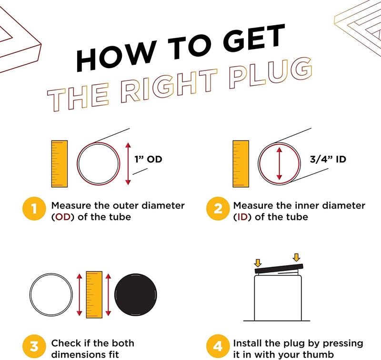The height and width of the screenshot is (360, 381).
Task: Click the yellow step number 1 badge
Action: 34,209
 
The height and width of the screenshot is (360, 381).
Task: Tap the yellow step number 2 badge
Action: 218,209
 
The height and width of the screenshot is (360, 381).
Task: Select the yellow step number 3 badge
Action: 34,346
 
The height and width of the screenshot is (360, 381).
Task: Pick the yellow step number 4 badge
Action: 218,346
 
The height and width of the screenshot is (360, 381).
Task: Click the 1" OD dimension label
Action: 148,160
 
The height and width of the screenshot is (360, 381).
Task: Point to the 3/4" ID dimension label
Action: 328,160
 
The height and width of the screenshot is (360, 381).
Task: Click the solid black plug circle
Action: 136,295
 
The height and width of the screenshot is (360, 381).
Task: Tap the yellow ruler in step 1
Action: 60,164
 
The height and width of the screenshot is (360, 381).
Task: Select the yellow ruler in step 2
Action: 241,164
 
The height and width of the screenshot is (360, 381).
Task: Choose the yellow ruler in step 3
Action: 94,295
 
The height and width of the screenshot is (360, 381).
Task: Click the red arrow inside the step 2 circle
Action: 279,164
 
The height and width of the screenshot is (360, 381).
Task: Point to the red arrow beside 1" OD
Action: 128,164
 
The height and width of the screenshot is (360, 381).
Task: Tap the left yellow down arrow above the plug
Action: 258,263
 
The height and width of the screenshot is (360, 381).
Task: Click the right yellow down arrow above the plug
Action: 296,258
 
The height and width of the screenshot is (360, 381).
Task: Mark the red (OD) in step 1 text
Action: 63,217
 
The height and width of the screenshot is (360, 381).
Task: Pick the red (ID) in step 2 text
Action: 242,217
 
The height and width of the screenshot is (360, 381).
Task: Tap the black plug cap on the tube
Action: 279,269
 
